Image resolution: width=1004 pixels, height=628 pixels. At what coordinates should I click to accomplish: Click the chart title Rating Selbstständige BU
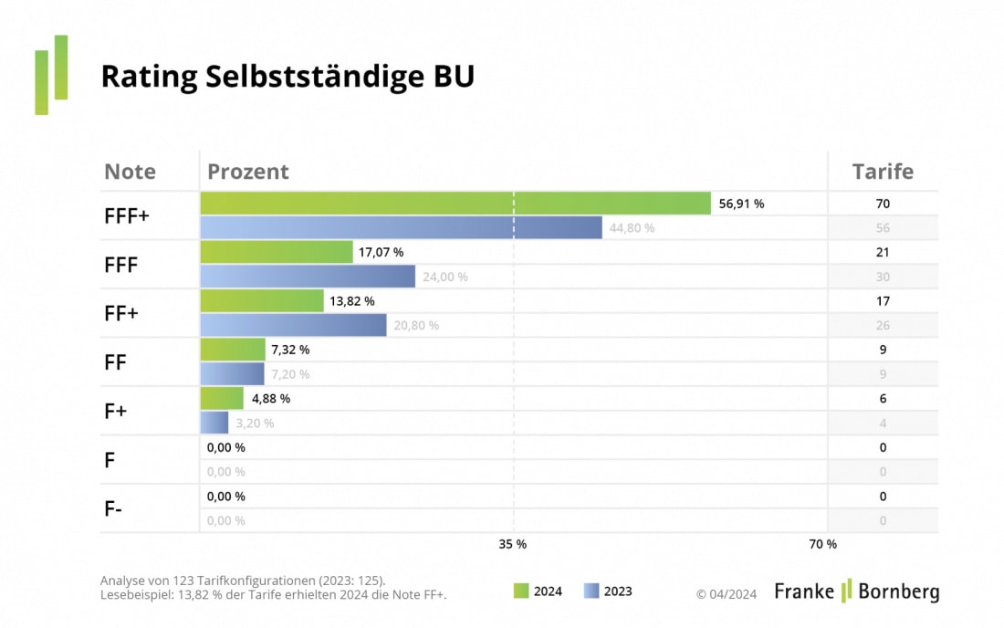click(288, 77)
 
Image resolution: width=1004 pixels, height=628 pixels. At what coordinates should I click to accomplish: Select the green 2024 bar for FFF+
click(455, 204)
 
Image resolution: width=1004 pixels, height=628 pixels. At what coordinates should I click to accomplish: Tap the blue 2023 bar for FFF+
click(401, 227)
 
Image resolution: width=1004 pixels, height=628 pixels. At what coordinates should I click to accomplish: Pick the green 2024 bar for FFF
click(276, 252)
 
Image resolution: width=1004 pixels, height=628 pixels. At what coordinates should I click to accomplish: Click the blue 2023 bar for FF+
click(293, 325)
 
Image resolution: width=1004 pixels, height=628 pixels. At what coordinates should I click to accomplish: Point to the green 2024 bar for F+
click(222, 398)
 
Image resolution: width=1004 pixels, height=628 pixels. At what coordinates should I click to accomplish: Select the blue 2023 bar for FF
click(232, 373)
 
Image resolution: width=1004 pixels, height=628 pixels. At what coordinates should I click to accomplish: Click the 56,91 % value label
click(741, 204)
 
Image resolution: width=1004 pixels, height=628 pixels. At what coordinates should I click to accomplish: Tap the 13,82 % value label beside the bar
click(351, 300)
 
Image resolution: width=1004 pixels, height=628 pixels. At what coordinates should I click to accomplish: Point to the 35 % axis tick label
click(512, 544)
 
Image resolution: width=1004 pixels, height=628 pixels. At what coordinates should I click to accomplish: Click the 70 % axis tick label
click(822, 544)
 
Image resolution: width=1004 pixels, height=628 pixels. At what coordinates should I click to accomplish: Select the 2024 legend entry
click(538, 591)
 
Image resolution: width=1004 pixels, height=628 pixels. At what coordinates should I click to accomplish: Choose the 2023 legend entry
click(607, 591)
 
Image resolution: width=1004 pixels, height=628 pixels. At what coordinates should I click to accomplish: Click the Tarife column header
click(882, 172)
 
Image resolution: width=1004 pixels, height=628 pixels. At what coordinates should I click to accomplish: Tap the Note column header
click(130, 172)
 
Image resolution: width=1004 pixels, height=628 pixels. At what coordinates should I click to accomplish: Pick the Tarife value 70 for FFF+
click(882, 204)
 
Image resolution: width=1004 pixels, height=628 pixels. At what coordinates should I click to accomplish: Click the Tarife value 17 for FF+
click(882, 300)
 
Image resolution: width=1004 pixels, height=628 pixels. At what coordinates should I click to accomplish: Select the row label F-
click(113, 508)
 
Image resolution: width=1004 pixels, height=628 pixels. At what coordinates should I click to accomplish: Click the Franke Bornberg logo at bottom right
click(856, 591)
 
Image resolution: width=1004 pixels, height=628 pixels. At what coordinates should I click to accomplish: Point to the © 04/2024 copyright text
click(727, 593)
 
